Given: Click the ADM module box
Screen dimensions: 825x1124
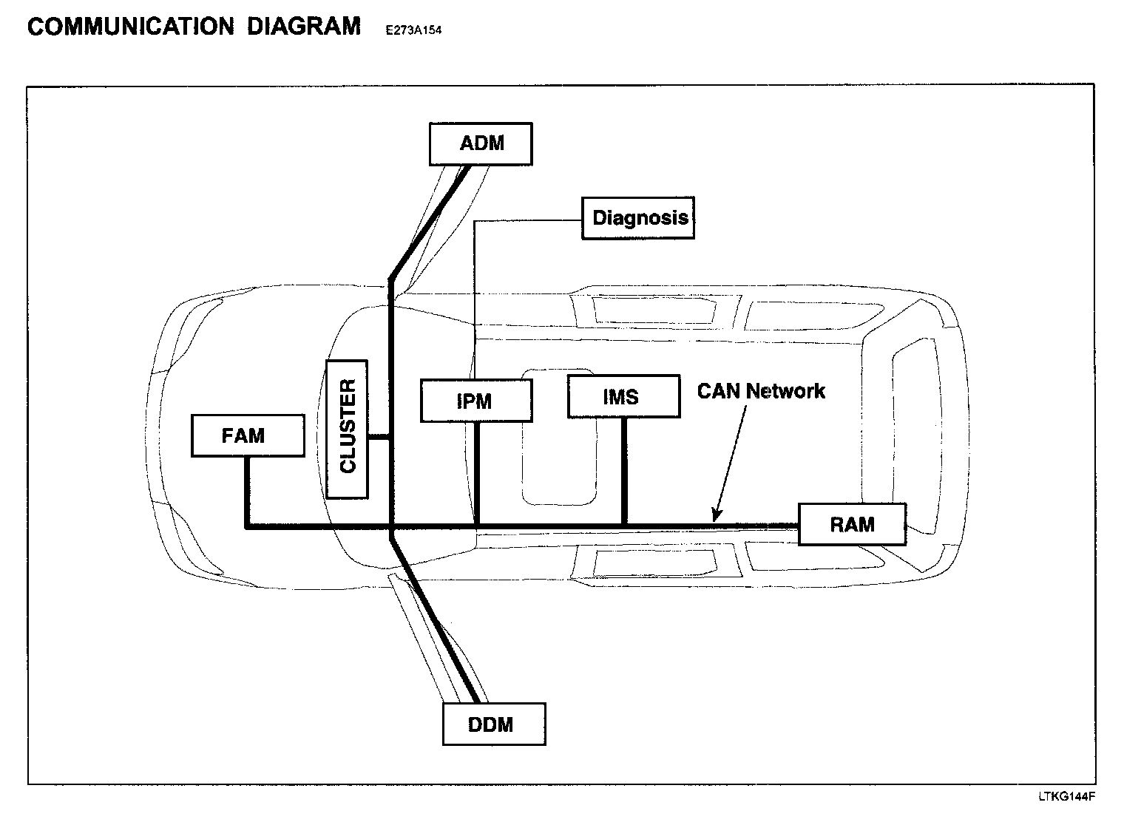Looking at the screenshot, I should click(x=481, y=143).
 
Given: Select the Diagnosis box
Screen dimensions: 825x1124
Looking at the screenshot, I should click(x=638, y=218).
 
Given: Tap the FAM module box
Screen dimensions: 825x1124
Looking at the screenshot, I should click(x=247, y=435).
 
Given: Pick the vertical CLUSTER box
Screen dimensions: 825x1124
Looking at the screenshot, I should click(x=347, y=429).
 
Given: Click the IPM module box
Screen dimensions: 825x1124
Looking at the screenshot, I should click(x=476, y=401).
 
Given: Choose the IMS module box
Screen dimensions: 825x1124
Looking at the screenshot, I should click(x=623, y=397).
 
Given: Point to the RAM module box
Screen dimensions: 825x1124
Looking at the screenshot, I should click(x=852, y=525).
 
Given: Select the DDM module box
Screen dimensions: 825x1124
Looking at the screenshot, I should click(x=494, y=724).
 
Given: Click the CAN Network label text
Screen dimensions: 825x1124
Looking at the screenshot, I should click(x=761, y=391).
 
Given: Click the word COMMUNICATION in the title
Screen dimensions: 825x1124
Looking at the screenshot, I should click(x=130, y=27).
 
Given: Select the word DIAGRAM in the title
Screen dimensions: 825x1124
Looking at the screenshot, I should click(x=303, y=27).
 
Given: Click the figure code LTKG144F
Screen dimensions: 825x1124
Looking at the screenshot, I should click(x=1066, y=797).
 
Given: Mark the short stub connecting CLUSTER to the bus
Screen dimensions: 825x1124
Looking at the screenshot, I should click(x=378, y=437).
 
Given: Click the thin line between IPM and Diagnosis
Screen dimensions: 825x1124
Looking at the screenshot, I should click(x=474, y=296).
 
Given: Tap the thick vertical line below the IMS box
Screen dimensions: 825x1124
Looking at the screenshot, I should click(x=624, y=472).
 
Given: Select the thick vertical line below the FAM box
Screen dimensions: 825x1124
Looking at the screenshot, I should click(x=246, y=492).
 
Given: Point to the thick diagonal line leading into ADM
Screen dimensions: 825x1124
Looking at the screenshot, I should click(x=429, y=222).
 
